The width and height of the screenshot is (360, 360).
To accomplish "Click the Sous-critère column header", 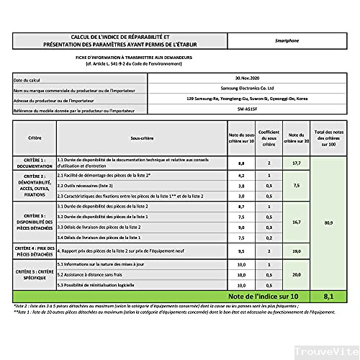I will pyautogui.click(x=143, y=136).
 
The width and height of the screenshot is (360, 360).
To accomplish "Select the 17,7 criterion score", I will pyautogui.click(x=295, y=163).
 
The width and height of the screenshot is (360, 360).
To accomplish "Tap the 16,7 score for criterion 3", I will pyautogui.click(x=295, y=222).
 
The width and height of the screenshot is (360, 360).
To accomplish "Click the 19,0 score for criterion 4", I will pyautogui.click(x=295, y=251).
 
